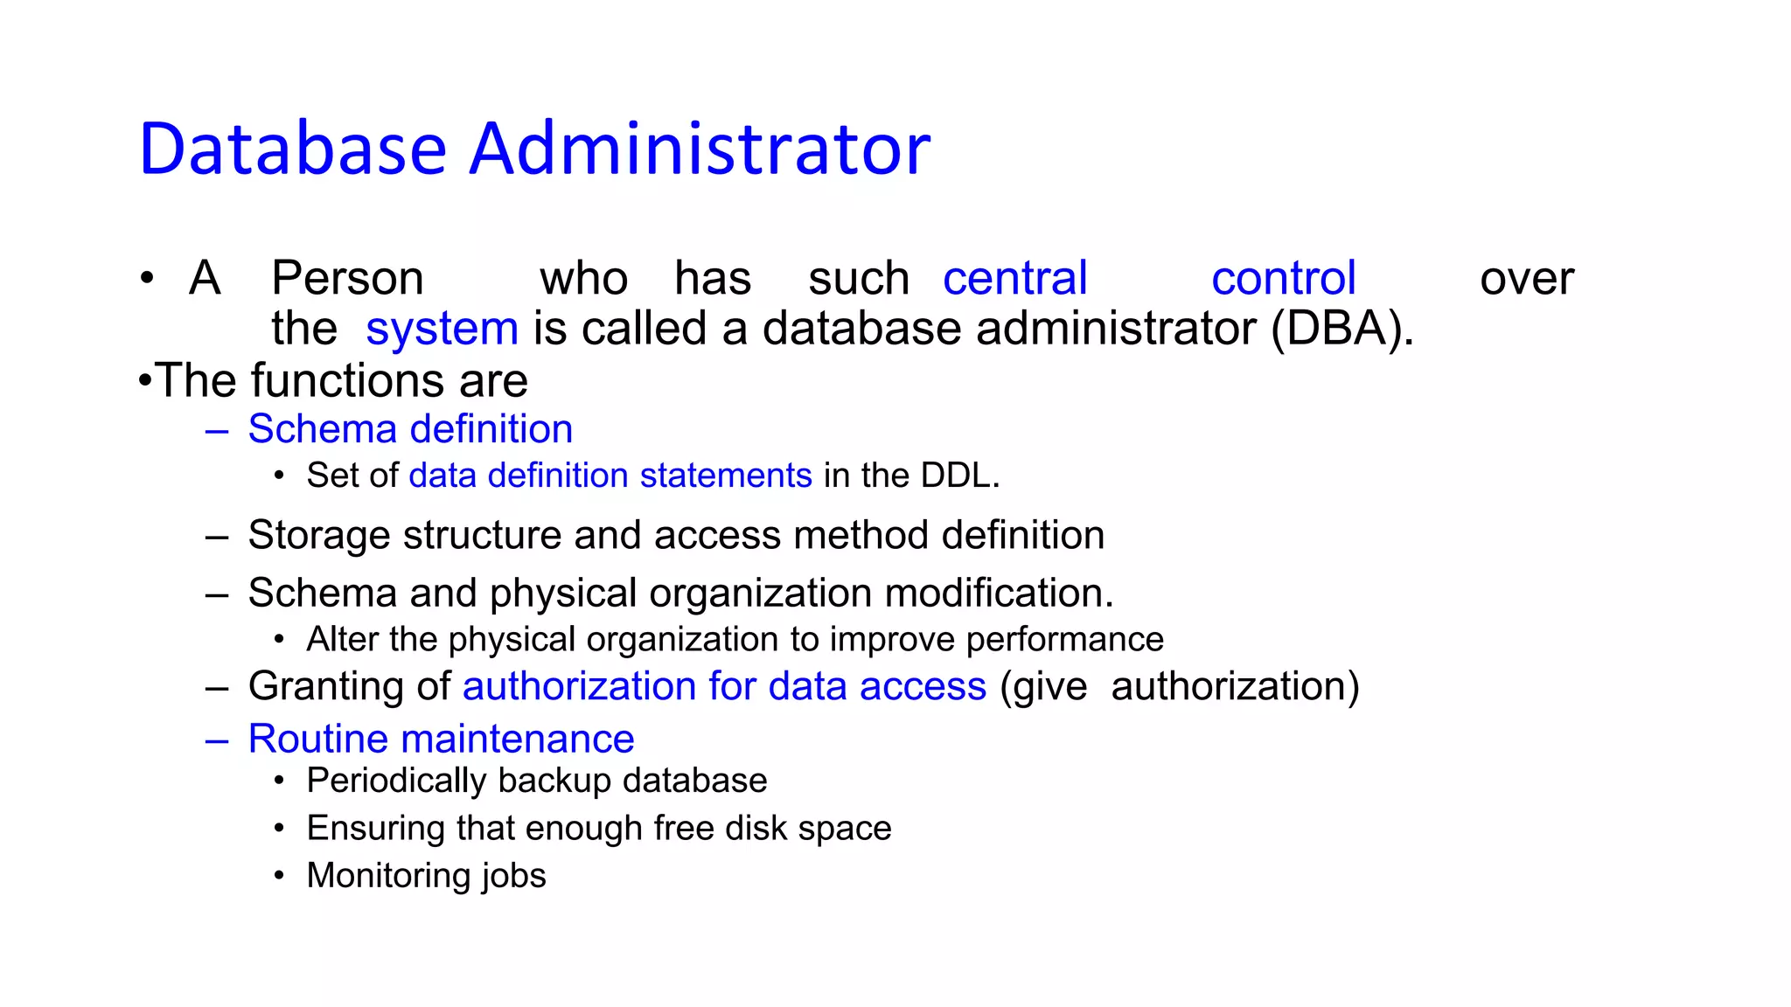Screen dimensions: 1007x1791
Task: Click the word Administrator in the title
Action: click(x=700, y=149)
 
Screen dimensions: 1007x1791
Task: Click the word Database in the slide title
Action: click(x=293, y=149)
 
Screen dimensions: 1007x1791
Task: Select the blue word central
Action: click(x=1014, y=279)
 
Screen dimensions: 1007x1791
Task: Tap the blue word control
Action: click(x=1283, y=279)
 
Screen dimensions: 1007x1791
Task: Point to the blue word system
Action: click(x=442, y=330)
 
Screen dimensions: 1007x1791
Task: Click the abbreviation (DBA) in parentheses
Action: click(x=1341, y=330)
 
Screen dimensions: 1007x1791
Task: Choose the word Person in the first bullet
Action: click(x=347, y=279)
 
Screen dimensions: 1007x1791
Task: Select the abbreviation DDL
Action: click(x=957, y=476)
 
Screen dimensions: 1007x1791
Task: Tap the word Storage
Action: click(x=318, y=535)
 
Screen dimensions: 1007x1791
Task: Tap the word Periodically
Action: click(x=395, y=781)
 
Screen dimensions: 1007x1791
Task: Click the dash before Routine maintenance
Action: click(x=216, y=740)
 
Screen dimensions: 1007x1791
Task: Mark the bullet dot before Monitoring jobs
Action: click(x=279, y=875)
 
